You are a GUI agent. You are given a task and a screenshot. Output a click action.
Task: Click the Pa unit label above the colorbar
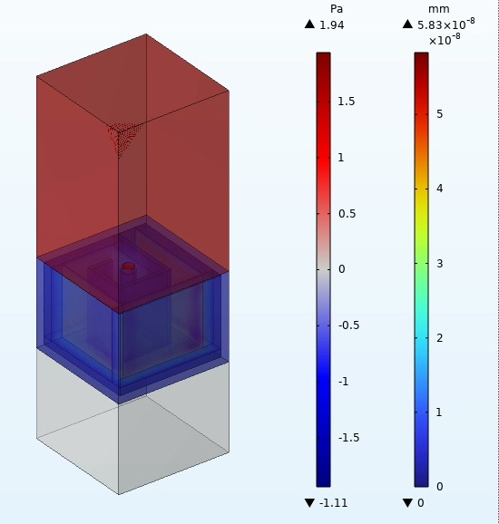coord(336,9)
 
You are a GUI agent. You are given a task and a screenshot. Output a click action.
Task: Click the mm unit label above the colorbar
coord(439,9)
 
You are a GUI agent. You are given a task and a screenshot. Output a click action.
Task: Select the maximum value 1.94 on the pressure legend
coord(332,25)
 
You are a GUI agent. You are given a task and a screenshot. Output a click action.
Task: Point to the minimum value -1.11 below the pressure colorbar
coord(334,502)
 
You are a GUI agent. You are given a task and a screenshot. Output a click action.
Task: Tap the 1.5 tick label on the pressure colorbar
coord(347,102)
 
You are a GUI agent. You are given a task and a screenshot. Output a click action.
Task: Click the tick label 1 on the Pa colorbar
coord(341,158)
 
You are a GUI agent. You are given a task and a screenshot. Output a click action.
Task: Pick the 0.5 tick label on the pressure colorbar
coord(347,214)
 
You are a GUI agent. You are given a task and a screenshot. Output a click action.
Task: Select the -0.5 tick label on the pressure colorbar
coord(348,325)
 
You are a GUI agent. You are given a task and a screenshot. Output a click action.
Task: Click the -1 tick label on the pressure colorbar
coord(344,382)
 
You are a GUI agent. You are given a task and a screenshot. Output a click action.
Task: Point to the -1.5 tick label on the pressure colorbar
coord(348,438)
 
